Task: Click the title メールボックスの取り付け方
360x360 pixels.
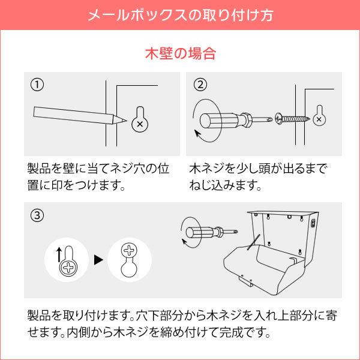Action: [180, 15]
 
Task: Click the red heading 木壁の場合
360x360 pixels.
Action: [180, 53]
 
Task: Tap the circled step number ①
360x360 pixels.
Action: [38, 85]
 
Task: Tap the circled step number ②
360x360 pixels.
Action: [200, 85]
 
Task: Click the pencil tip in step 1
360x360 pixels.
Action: [122, 120]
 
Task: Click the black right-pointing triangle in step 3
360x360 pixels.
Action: [98, 261]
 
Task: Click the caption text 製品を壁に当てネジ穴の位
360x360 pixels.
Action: [103, 167]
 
